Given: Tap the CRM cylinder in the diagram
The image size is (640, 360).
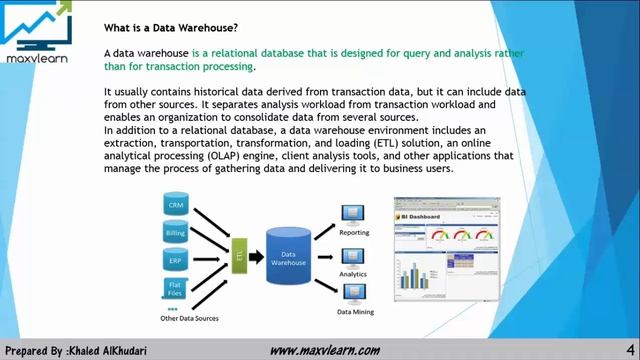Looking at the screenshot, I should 176,205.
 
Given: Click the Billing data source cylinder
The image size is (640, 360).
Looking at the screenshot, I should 176,233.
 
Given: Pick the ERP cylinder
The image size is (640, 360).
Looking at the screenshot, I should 176,261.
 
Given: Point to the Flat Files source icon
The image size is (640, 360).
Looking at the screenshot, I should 176,289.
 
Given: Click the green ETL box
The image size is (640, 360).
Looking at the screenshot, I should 240,257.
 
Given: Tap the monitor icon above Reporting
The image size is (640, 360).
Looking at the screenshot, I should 351,214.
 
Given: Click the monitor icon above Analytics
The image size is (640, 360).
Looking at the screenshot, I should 351,256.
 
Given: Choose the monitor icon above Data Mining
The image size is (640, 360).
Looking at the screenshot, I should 351,295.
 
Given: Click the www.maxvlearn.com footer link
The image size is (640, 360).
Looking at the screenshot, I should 325,350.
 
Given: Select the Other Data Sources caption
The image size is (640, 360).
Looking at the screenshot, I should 191,318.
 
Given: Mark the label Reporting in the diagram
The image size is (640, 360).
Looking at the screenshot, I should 354,232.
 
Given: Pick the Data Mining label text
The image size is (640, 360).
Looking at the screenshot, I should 355,312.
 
